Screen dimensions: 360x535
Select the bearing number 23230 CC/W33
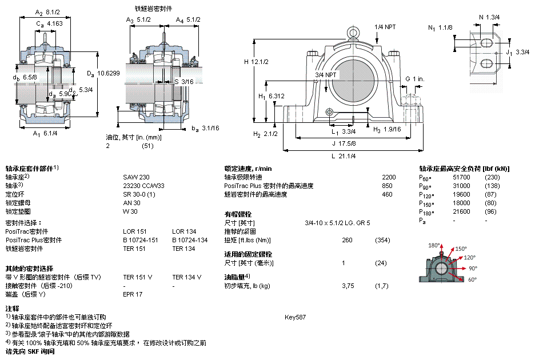click(143, 186)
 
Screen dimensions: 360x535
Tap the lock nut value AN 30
click(131, 203)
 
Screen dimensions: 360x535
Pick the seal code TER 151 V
click(138, 277)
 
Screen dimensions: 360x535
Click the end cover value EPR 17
click(133, 294)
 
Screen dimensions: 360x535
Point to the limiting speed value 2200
click(389, 177)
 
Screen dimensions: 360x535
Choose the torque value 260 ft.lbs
click(347, 240)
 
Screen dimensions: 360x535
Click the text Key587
click(295, 317)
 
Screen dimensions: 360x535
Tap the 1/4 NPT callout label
click(385, 27)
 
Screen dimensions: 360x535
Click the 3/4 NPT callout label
click(326, 75)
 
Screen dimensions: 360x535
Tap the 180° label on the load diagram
click(434, 245)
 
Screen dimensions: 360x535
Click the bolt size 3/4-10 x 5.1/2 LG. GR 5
click(337, 223)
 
